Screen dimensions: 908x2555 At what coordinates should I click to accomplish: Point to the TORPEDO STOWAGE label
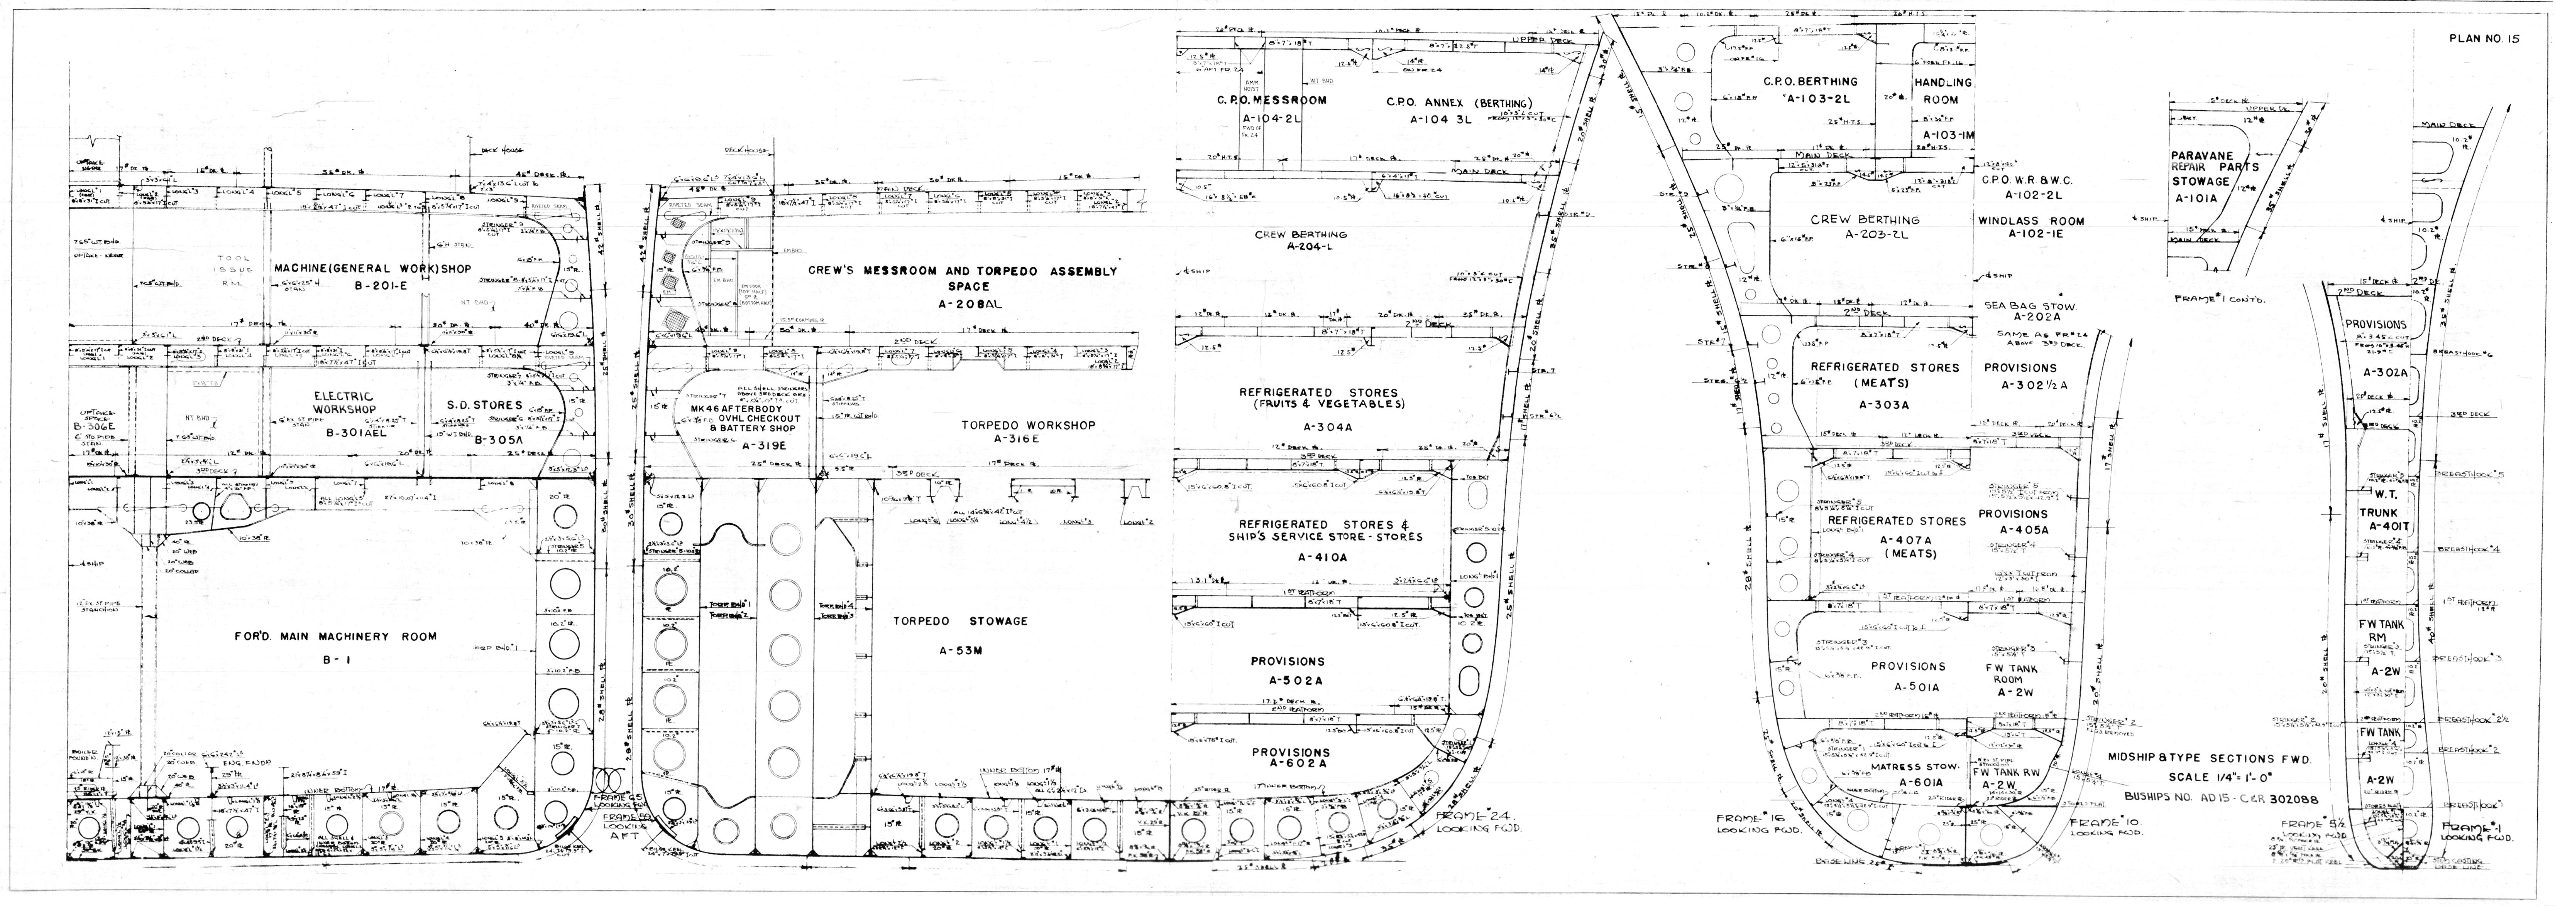tap(959, 622)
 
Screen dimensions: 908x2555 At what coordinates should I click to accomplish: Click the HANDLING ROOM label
tap(1942, 91)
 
